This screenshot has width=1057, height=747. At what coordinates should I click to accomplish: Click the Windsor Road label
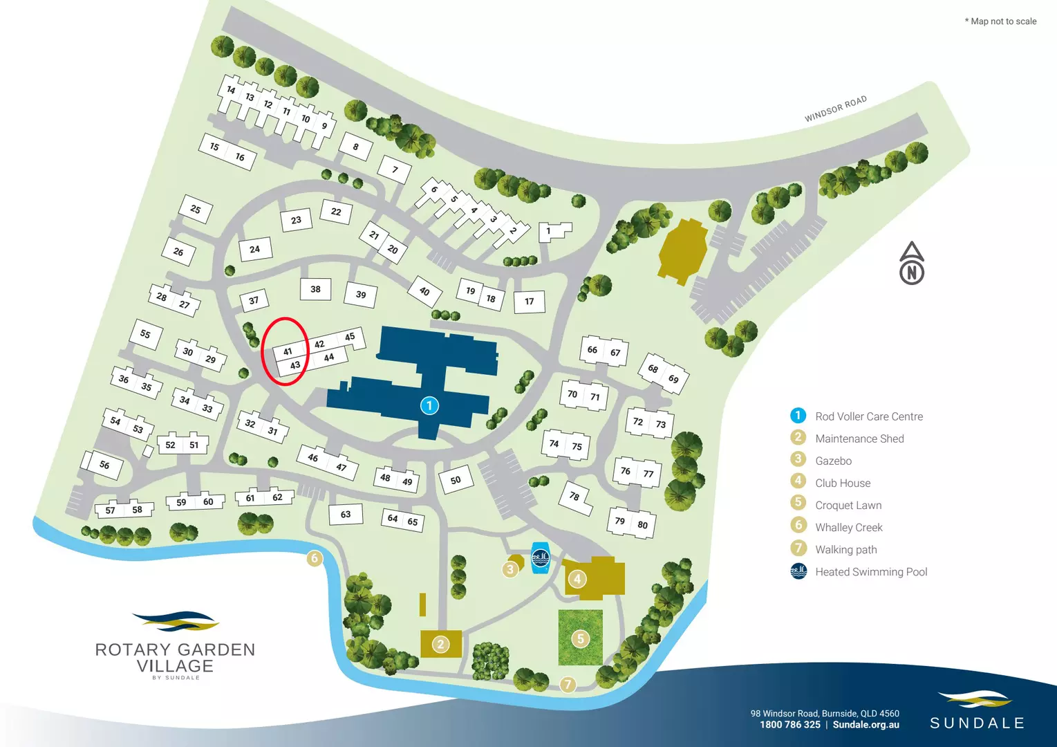click(x=835, y=109)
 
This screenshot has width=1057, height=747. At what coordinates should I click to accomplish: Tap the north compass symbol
click(x=912, y=264)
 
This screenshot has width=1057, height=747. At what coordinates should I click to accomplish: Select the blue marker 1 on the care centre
click(x=429, y=405)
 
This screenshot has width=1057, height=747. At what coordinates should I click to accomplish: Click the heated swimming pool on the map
click(x=540, y=557)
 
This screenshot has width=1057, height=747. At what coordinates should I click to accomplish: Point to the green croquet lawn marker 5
click(x=581, y=638)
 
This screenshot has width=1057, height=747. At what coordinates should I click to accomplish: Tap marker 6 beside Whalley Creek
click(x=315, y=558)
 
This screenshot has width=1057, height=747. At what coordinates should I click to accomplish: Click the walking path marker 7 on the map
click(x=568, y=684)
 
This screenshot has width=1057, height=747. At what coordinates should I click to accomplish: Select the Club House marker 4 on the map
click(x=577, y=578)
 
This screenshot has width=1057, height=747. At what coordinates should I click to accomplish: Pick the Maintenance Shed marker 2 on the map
click(x=441, y=645)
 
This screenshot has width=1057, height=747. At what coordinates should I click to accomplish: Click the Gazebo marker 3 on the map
click(x=510, y=569)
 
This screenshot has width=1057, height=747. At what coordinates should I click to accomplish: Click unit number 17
click(x=530, y=302)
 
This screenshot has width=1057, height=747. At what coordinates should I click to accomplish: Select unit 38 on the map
click(x=315, y=289)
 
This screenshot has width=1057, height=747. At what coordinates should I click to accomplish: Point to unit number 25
click(x=196, y=209)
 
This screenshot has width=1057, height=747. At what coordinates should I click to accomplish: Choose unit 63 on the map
click(x=346, y=514)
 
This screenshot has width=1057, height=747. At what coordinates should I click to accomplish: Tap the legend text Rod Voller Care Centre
click(x=869, y=416)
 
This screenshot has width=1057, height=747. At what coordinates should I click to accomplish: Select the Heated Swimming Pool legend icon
click(x=798, y=571)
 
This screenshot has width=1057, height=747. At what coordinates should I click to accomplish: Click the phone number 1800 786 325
click(x=790, y=725)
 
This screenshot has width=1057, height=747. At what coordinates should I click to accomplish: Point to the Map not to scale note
click(x=1000, y=21)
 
